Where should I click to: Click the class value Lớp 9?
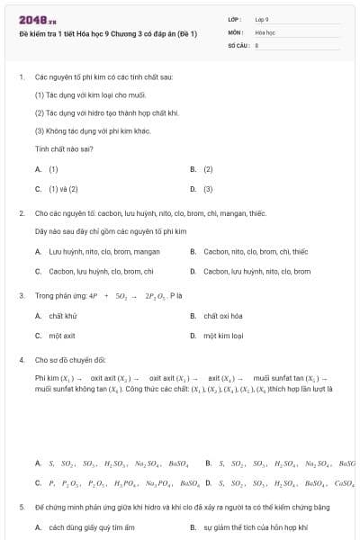(x=261, y=18)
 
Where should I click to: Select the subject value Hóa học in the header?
(x=265, y=31)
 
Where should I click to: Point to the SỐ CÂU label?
(x=238, y=43)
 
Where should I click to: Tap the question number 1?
(x=21, y=77)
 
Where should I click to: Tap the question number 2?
(x=21, y=213)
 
